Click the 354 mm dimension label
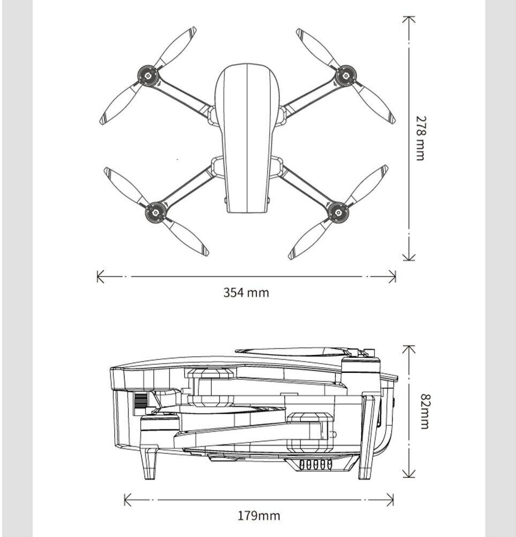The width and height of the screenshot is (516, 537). tap(246, 293)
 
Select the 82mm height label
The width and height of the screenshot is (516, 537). tap(424, 411)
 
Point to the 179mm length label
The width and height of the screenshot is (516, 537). tap(259, 516)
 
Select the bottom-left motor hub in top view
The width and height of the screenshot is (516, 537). tap(156, 212)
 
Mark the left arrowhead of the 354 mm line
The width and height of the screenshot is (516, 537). tap(100, 276)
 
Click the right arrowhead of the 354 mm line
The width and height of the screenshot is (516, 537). tap(393, 276)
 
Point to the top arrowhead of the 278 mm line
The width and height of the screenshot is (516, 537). tap(409, 19)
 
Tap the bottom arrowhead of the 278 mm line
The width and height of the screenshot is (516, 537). tap(409, 257)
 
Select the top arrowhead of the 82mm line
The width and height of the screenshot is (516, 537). tap(409, 349)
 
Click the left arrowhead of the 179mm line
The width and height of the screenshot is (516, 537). tap(128, 500)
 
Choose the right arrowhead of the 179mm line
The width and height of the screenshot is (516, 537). tap(390, 500)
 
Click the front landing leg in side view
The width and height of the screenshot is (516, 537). tap(150, 464)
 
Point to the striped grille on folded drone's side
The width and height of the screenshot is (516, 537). tap(141, 401)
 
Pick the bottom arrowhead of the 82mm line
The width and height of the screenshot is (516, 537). tap(409, 473)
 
